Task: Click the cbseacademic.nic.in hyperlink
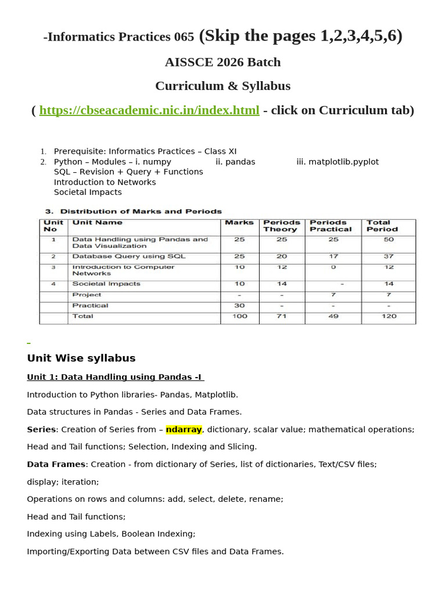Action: pyautogui.click(x=149, y=110)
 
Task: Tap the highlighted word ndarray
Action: pyautogui.click(x=184, y=429)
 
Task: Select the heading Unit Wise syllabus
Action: pyautogui.click(x=81, y=358)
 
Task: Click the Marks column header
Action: pyautogui.click(x=239, y=223)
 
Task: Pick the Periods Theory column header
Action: pyautogui.click(x=282, y=226)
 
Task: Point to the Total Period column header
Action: pyautogui.click(x=382, y=226)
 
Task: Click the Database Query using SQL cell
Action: pyautogui.click(x=128, y=256)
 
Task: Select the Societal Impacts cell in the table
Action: pyautogui.click(x=106, y=284)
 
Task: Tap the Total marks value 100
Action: pyautogui.click(x=239, y=316)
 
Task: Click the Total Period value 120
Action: pyautogui.click(x=389, y=316)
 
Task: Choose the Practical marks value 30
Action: pyautogui.click(x=239, y=306)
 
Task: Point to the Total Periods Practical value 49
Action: pyautogui.click(x=333, y=316)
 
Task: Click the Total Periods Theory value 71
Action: pyautogui.click(x=282, y=316)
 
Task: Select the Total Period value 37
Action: pyautogui.click(x=389, y=256)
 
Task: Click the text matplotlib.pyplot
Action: pyautogui.click(x=344, y=162)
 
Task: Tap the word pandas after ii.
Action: pyautogui.click(x=240, y=162)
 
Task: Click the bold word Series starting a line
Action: pyautogui.click(x=41, y=429)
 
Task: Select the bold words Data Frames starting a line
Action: pyautogui.click(x=56, y=464)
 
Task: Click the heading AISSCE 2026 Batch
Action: pyautogui.click(x=223, y=62)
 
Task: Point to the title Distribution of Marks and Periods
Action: pyautogui.click(x=141, y=211)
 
